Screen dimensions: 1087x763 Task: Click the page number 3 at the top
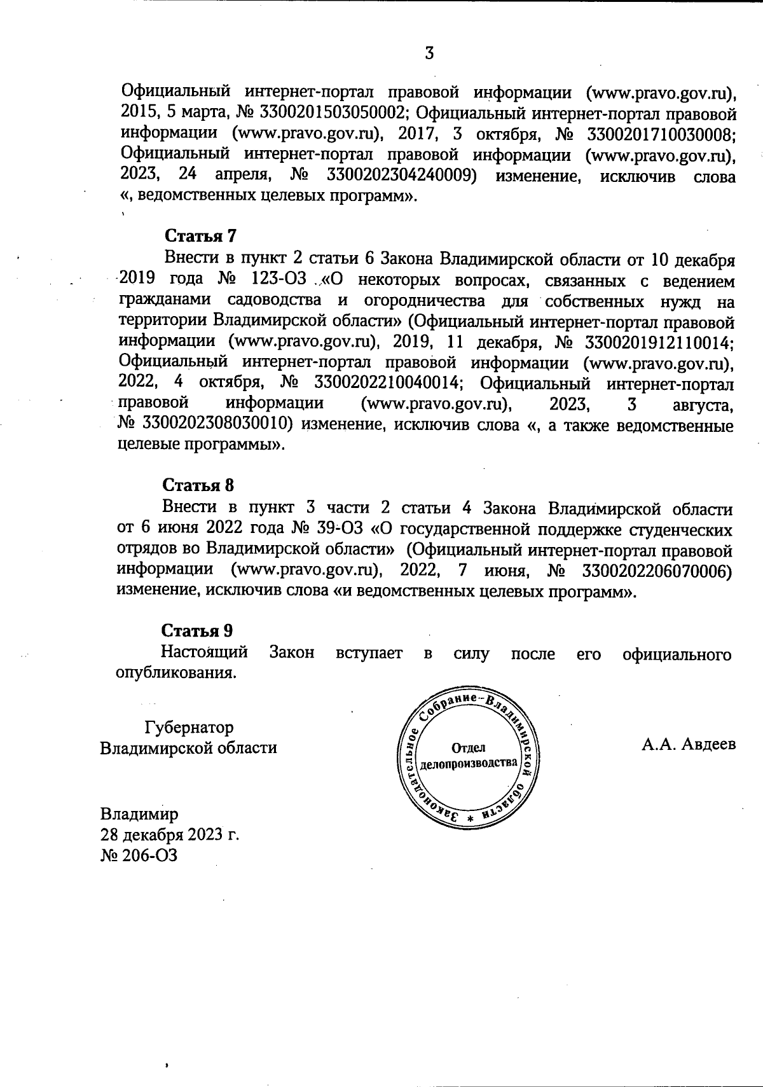click(429, 53)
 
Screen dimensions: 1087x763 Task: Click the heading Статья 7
click(200, 236)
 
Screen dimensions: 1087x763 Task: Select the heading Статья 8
click(198, 486)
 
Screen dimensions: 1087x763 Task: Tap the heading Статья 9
click(197, 631)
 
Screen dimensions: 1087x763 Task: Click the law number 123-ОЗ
click(277, 279)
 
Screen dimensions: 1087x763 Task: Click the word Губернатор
click(189, 727)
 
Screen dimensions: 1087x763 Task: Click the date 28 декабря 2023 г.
click(169, 835)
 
